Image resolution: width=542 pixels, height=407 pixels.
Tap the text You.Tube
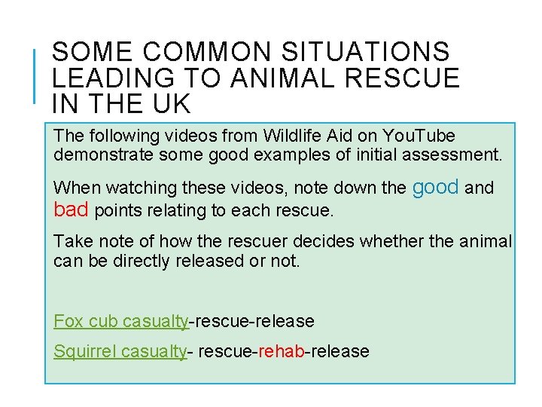tap(417, 136)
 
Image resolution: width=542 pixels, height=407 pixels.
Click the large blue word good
tap(436, 186)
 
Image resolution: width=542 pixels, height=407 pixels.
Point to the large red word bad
tap(72, 210)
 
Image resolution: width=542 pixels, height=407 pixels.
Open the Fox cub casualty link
tap(120, 321)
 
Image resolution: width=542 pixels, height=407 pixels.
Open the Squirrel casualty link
tap(120, 351)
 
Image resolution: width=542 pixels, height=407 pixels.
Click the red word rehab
tap(281, 351)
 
